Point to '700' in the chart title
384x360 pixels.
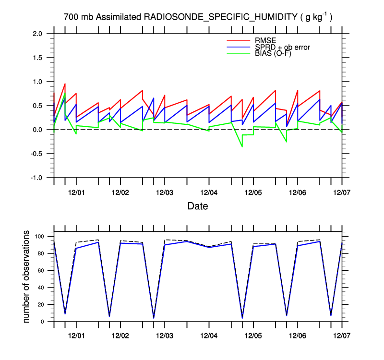[71, 17]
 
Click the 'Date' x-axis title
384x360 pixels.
[198, 206]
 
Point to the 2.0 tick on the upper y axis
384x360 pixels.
[37, 34]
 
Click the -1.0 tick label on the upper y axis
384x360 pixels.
[36, 178]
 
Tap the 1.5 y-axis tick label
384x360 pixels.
[37, 58]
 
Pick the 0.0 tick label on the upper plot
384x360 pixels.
[37, 130]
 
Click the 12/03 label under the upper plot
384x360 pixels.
[165, 192]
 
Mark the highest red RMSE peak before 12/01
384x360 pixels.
[65, 84]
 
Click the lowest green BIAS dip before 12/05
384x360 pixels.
[242, 146]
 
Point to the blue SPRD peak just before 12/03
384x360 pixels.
[154, 98]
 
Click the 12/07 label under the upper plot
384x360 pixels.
[342, 192]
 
